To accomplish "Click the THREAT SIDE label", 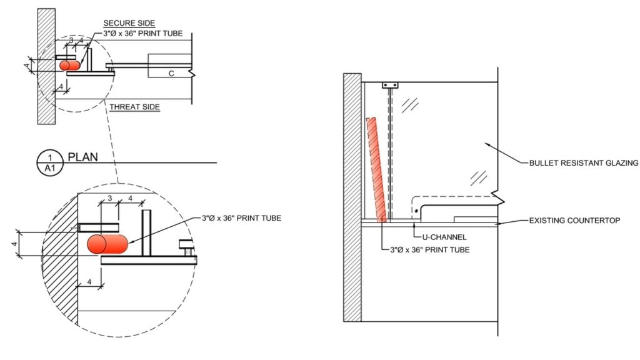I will (134, 107).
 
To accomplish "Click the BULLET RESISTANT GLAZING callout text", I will (583, 163).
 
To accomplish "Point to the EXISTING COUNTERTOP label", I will (574, 221).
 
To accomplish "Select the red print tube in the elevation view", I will (376, 169).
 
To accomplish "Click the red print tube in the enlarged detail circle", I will (107, 244).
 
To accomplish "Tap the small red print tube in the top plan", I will (69, 65).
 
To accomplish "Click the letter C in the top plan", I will (171, 73).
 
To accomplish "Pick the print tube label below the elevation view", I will (426, 250).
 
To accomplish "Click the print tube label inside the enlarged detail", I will (241, 218).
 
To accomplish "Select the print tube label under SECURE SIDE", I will (143, 33).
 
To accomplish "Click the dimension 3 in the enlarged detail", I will (109, 198).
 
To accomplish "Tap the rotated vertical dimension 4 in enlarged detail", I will (14, 243).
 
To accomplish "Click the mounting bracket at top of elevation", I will (390, 85).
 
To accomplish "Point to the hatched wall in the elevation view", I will (352, 197).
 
